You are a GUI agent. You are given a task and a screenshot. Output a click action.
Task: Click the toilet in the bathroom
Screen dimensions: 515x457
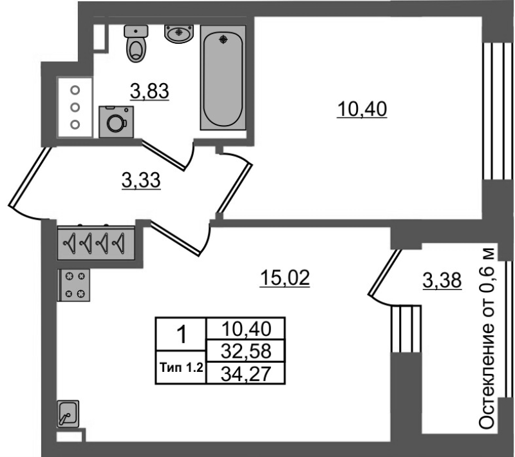pos(136,44)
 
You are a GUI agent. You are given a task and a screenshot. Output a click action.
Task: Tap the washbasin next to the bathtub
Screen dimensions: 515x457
pos(179,34)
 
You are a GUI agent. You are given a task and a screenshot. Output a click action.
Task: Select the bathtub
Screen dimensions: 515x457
pos(223,77)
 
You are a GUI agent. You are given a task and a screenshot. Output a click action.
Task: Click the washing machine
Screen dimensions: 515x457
pos(117,122)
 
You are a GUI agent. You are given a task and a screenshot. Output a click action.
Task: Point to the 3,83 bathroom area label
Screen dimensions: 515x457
pos(149,92)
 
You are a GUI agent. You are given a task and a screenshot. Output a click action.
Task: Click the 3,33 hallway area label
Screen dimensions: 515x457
pos(141,180)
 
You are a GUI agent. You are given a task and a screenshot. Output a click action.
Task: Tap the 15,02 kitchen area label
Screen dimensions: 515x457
pos(285,278)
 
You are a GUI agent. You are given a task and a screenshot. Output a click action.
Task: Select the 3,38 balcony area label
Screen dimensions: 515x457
pos(442,281)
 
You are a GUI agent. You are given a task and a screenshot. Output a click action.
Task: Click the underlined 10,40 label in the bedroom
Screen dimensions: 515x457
pos(362,109)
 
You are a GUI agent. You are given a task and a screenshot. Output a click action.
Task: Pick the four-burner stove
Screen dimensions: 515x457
pos(74,285)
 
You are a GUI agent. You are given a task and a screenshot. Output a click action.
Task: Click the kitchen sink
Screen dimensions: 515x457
pos(68,414)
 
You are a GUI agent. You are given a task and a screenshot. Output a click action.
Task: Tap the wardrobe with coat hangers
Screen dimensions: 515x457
pos(96,243)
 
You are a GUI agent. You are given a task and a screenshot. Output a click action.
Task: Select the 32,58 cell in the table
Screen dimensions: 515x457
pos(246,351)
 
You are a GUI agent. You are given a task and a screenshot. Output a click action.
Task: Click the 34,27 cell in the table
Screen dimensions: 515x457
pos(246,373)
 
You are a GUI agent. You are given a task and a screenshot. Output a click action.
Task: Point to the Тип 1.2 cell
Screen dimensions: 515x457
pos(182,367)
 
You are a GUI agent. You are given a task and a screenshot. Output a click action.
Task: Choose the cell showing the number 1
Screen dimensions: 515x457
pos(182,335)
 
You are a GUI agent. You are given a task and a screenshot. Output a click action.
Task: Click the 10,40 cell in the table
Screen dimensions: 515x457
pos(246,329)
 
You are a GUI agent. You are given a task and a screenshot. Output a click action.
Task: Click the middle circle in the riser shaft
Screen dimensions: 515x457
pos(75,107)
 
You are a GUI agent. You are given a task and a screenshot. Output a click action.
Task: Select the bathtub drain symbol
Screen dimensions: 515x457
pos(223,40)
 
